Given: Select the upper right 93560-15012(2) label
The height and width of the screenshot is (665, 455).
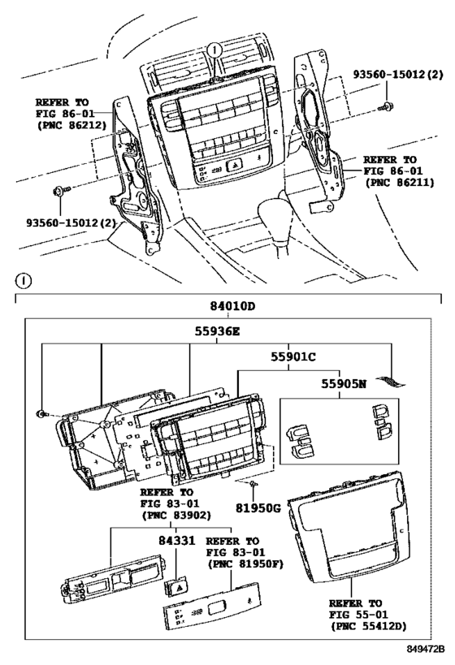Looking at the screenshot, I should pyautogui.click(x=396, y=76).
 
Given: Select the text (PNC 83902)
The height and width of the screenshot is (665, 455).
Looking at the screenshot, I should pyautogui.click(x=175, y=515).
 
